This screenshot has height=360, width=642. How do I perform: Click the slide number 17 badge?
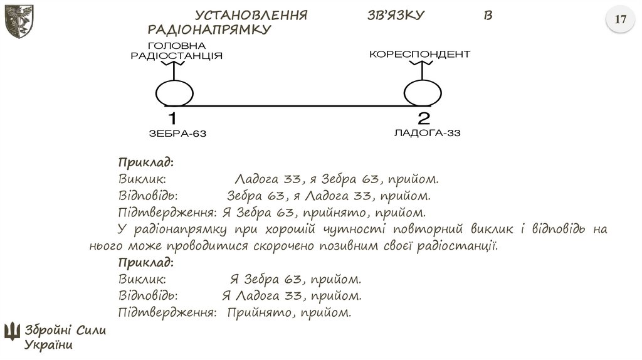[x=620, y=20]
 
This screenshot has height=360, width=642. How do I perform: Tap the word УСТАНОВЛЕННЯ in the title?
[x=251, y=16]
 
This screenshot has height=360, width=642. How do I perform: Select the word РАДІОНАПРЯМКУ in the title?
[x=209, y=29]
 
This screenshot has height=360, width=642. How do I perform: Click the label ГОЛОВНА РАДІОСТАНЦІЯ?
[x=176, y=51]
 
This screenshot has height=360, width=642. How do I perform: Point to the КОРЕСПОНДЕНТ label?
[x=419, y=55]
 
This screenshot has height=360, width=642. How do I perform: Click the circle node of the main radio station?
[x=174, y=94]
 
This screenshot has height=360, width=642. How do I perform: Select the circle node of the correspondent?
[x=423, y=94]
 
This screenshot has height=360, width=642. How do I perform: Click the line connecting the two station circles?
[x=298, y=105]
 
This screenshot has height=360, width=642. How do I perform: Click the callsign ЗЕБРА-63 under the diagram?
[x=177, y=134]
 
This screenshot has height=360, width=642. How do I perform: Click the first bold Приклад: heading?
[x=145, y=163]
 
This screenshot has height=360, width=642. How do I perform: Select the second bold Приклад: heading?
[x=145, y=262]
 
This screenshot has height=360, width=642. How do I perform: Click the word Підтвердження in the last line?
[x=167, y=312]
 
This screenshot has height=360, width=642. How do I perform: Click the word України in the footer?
[x=49, y=344]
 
